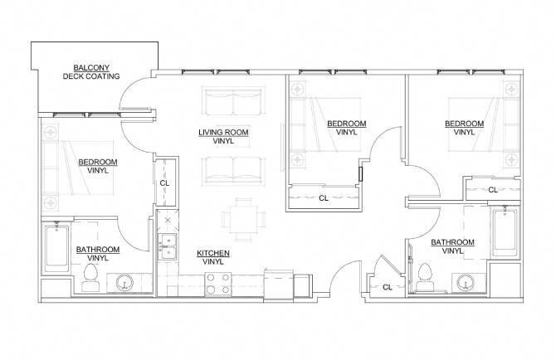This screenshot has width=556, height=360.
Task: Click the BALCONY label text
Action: tap(91, 68)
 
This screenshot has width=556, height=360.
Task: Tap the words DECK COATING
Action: tap(91, 76)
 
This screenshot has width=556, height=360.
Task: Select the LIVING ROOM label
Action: tap(223, 133)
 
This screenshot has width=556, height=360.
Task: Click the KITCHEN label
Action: tap(213, 253)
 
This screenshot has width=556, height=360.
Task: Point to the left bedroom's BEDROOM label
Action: tap(98, 162)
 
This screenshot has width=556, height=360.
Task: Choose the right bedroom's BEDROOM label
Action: tap(464, 124)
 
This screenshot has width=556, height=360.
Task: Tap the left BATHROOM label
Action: tap(98, 249)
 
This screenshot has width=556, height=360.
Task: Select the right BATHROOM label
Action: tap(452, 242)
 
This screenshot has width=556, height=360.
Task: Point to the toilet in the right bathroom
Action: tap(427, 275)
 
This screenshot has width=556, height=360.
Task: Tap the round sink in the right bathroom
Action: tap(464, 282)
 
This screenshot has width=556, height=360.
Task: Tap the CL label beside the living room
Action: tap(164, 183)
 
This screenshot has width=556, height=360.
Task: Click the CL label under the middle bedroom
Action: tap(324, 198)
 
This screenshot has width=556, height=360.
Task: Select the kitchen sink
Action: tap(168, 246)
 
